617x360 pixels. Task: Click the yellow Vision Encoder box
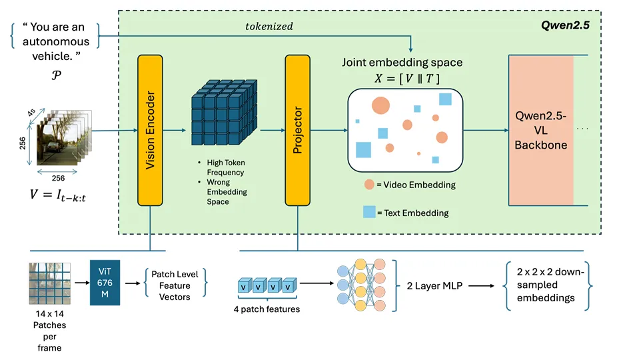pyautogui.click(x=150, y=130)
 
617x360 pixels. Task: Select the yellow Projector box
pyautogui.click(x=298, y=130)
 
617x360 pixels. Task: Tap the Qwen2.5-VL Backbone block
pyautogui.click(x=540, y=130)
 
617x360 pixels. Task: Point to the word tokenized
pyautogui.click(x=269, y=27)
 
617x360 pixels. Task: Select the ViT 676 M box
pyautogui.click(x=105, y=283)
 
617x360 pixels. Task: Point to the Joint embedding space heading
pyautogui.click(x=402, y=63)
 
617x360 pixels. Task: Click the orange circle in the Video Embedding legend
pyautogui.click(x=368, y=185)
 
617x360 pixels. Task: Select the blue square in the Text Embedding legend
pyautogui.click(x=368, y=212)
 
